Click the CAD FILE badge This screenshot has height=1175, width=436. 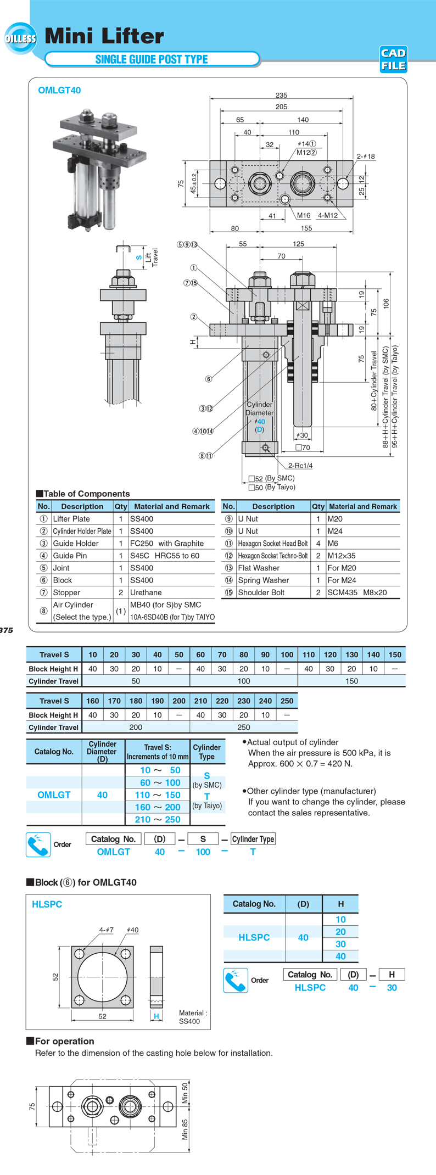[393, 59]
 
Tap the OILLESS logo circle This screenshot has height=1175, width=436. [20, 38]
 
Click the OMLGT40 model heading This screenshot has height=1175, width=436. [59, 91]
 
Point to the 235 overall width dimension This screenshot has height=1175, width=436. [281, 95]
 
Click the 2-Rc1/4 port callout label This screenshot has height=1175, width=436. [300, 466]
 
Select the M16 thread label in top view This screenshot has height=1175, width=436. [304, 216]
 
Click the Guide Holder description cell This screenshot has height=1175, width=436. [76, 543]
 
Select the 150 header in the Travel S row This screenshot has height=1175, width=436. [395, 654]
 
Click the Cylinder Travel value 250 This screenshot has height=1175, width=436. [244, 727]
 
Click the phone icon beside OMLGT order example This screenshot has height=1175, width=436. [38, 844]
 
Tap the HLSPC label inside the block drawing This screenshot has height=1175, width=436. [47, 904]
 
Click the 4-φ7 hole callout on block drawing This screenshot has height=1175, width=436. [106, 930]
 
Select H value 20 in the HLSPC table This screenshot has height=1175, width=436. [340, 932]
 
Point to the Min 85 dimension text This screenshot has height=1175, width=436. [185, 1129]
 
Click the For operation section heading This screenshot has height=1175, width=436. [64, 1041]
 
